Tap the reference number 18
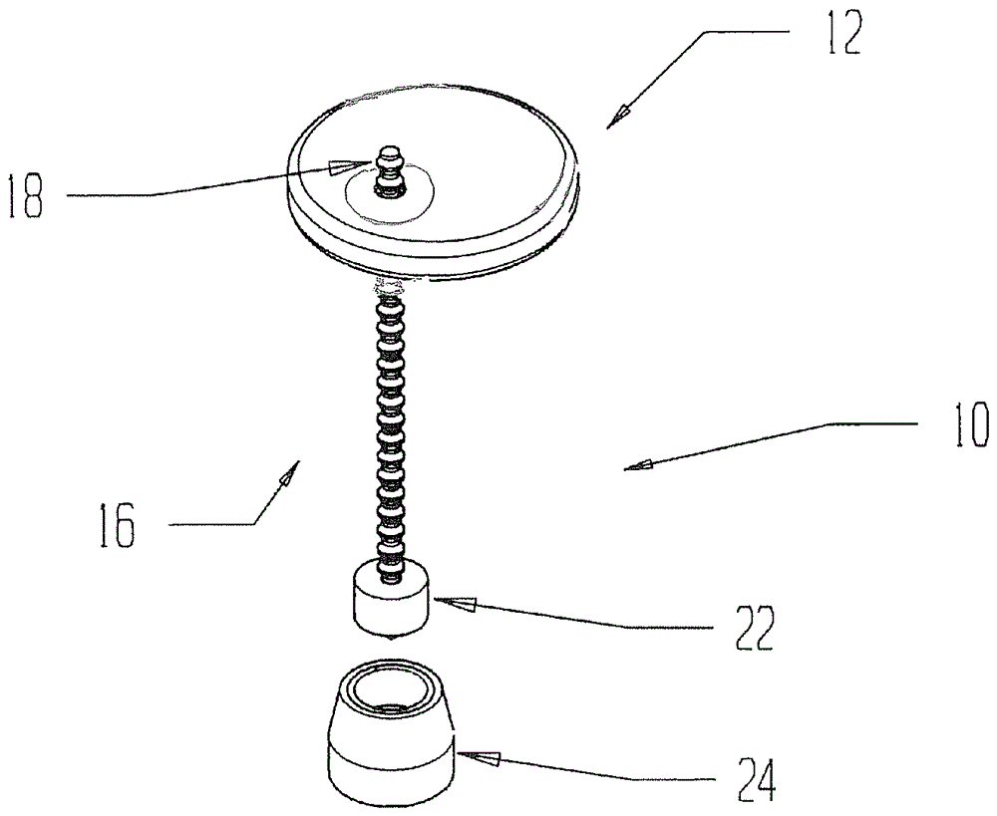26,196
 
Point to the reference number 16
118,524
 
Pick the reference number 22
755,627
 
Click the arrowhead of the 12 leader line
619,117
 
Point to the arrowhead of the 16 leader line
290,474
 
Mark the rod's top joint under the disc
389,287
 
